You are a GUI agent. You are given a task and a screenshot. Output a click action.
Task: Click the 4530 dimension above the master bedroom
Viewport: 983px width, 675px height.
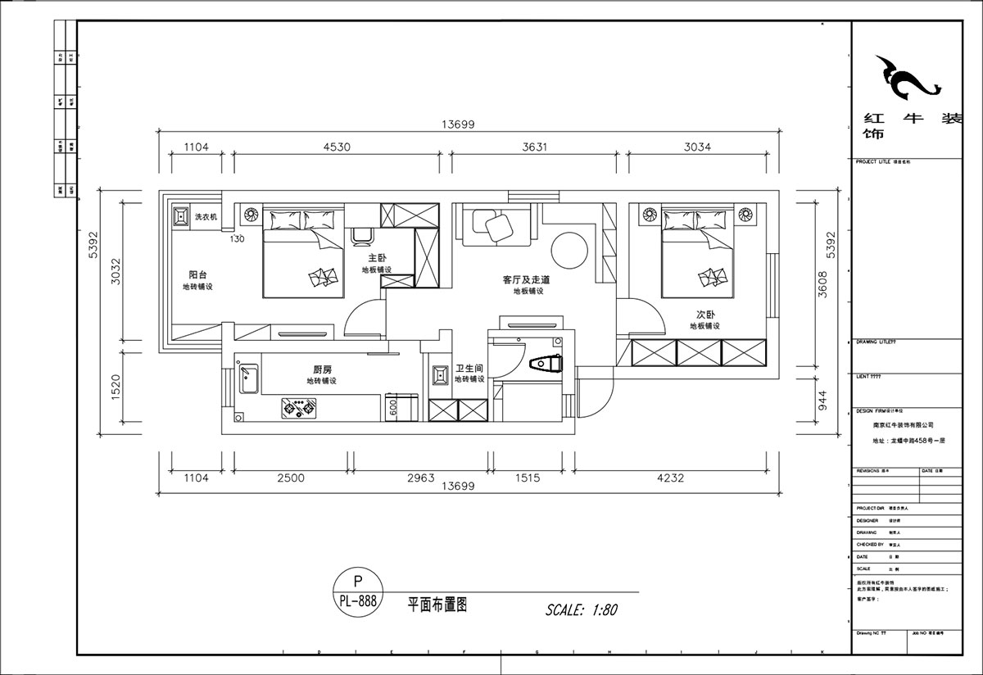point(337,147)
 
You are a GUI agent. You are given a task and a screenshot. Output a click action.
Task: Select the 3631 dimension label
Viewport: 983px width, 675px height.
point(534,147)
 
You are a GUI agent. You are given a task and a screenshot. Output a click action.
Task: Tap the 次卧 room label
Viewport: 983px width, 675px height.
point(705,314)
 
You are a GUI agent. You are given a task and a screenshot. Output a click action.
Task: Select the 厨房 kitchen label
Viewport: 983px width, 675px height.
point(321,369)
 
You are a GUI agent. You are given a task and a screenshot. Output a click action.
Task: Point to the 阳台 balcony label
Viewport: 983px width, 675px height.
point(197,275)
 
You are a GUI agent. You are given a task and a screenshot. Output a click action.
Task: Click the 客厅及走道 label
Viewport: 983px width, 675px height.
point(526,279)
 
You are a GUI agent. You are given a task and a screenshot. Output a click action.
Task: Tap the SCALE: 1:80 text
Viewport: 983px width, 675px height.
point(581,609)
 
